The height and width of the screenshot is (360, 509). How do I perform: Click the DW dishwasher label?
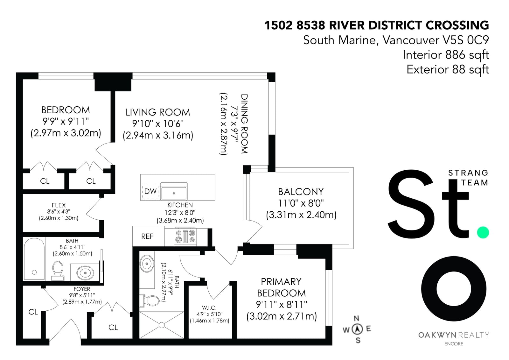(x=150, y=191)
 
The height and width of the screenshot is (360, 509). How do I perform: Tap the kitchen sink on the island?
(x=174, y=192)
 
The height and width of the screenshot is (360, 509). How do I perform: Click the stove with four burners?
(x=185, y=237)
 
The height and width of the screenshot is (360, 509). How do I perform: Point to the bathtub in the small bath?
(x=34, y=259)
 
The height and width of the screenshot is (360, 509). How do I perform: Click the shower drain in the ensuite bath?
(x=162, y=325)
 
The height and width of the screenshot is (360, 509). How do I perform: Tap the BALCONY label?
(x=301, y=192)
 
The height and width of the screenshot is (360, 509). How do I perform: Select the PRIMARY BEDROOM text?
(x=281, y=287)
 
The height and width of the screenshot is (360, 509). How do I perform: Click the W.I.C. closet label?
(x=209, y=308)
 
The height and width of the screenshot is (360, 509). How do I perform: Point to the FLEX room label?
(x=59, y=205)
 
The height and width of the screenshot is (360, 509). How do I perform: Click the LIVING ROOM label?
(x=158, y=112)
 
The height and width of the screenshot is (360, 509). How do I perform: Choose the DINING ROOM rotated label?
(x=244, y=124)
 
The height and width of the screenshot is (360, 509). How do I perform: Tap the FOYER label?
(x=82, y=289)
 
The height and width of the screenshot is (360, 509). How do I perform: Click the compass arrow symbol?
(x=357, y=329)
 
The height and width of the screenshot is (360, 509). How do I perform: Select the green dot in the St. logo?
(x=483, y=232)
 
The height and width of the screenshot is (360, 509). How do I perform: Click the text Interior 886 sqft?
(x=446, y=55)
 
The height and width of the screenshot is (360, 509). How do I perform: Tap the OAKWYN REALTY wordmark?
(x=454, y=335)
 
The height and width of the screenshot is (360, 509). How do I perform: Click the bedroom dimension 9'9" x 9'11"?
(x=66, y=121)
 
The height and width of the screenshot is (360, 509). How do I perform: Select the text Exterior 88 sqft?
(x=448, y=69)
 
